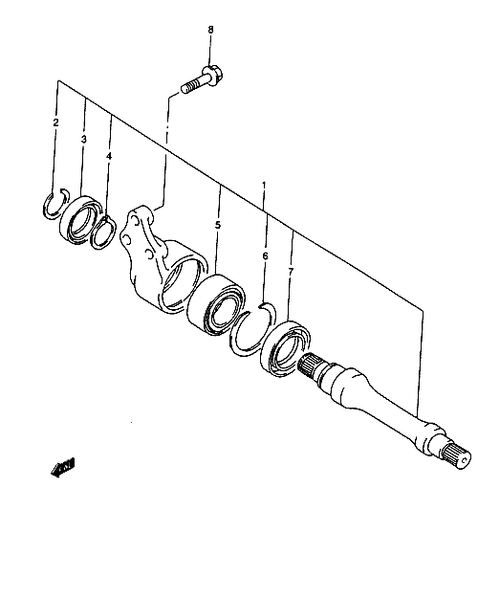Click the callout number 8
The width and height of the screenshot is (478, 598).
click(x=210, y=30)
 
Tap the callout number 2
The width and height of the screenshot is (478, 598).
click(x=56, y=122)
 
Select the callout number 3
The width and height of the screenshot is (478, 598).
click(x=83, y=139)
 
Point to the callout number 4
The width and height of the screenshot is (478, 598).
click(x=109, y=156)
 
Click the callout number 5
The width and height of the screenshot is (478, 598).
click(x=218, y=225)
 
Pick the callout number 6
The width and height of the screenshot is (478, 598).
click(x=266, y=255)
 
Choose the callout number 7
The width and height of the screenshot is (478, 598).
click(x=291, y=272)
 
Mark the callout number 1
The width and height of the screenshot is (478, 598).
click(x=264, y=187)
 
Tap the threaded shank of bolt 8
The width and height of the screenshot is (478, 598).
click(x=193, y=85)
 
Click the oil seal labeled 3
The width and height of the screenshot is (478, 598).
click(x=79, y=220)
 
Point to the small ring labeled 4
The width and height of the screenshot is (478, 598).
click(x=103, y=233)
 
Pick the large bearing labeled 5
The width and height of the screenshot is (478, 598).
click(x=216, y=305)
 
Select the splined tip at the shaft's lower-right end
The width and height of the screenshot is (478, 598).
click(x=457, y=457)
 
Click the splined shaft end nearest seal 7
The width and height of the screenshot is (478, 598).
click(x=310, y=367)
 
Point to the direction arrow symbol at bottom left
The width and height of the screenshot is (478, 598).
click(x=63, y=467)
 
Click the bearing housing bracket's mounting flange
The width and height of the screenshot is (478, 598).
click(x=140, y=235)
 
